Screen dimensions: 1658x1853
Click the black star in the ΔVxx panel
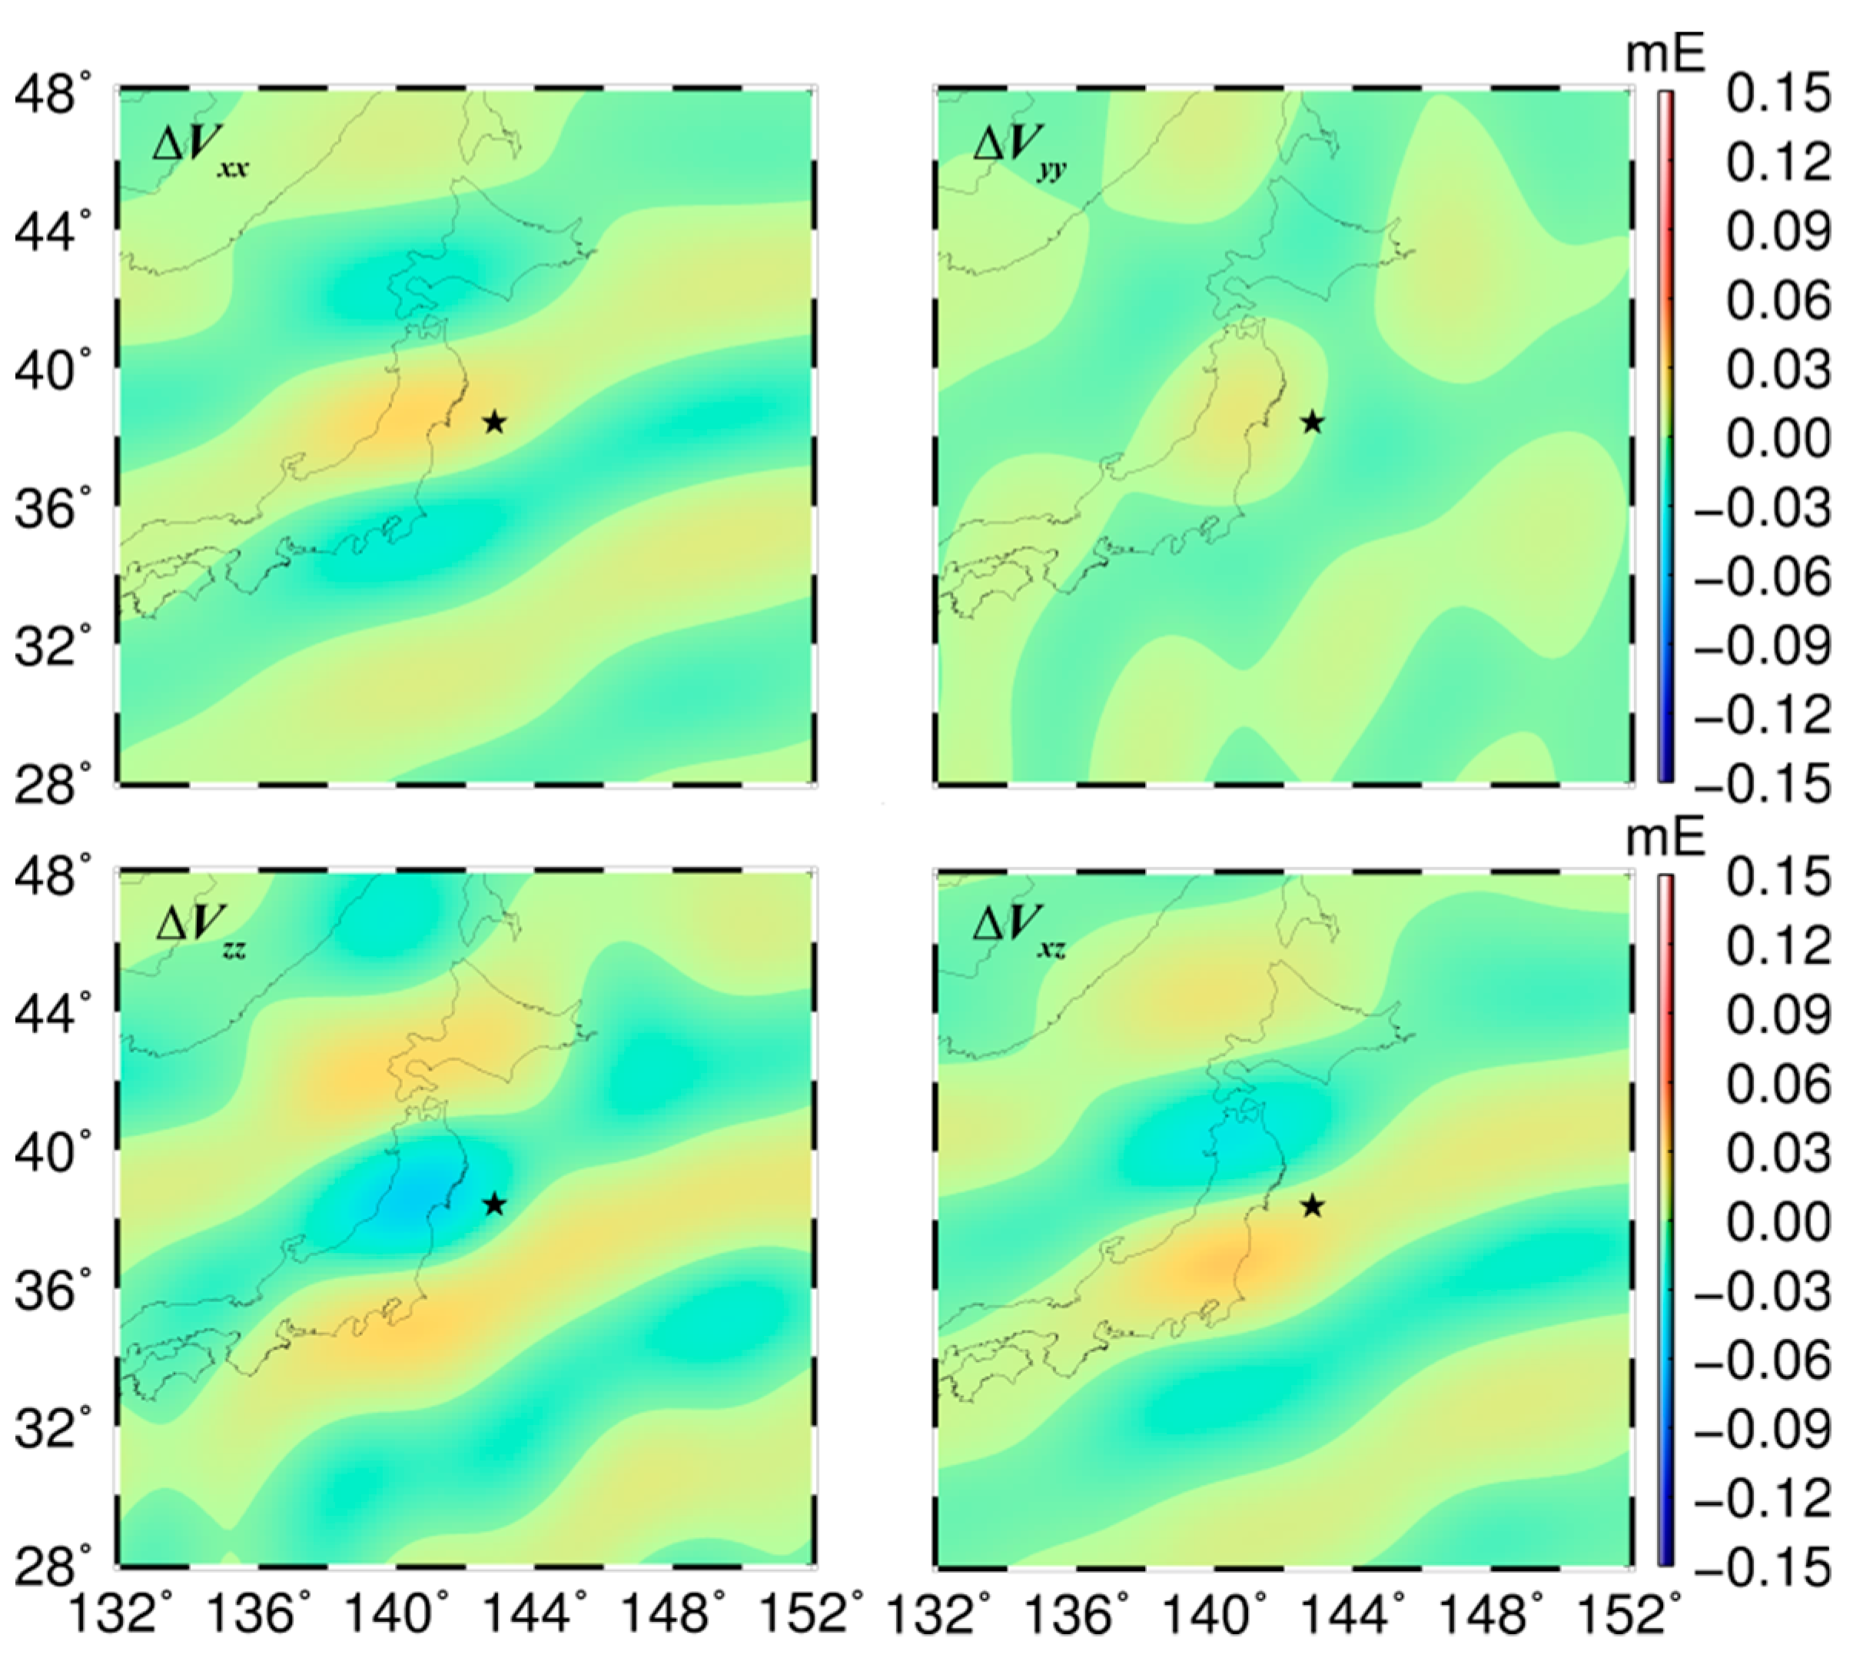coord(493,422)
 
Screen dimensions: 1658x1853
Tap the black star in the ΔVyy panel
coord(1312,422)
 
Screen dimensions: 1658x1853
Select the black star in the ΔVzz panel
coord(493,1204)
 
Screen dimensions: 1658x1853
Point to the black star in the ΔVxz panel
coord(1312,1206)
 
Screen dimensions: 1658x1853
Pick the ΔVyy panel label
coord(1019,146)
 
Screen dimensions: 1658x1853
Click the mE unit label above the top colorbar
coord(1665,56)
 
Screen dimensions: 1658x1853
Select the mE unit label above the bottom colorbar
coord(1665,840)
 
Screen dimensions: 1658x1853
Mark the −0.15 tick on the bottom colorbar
coord(1763,1567)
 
